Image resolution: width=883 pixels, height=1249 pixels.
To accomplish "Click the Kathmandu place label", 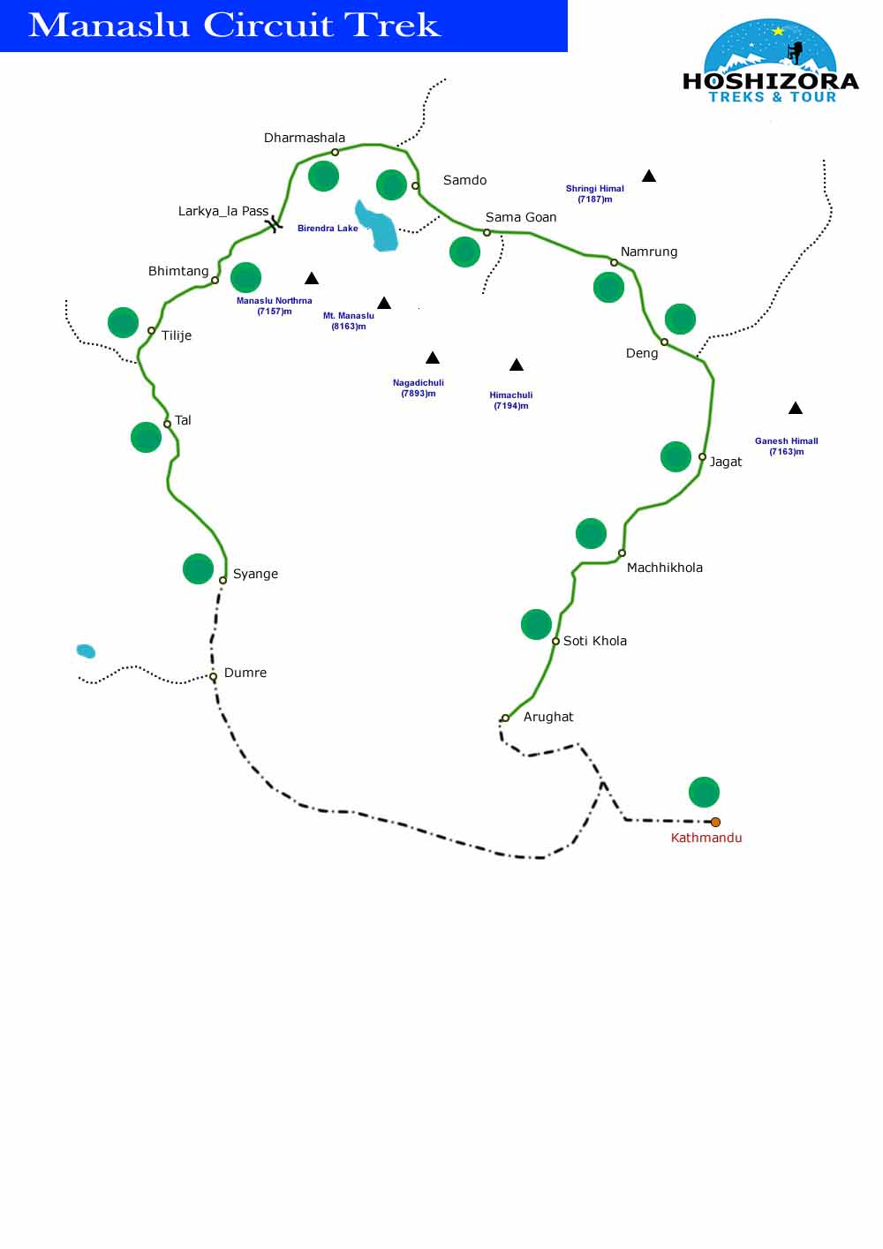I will coord(706,838).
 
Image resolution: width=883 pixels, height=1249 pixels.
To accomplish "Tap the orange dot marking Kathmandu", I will coord(715,822).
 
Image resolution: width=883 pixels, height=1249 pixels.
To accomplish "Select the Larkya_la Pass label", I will coord(223,211).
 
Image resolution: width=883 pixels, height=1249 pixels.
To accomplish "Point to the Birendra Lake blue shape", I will coord(378,227).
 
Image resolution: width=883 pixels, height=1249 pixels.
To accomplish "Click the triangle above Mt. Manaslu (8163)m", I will coord(384,303).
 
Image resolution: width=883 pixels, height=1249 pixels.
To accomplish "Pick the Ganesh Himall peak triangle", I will coord(795,408).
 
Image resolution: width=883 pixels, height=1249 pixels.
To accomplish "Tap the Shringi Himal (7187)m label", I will coord(594,193).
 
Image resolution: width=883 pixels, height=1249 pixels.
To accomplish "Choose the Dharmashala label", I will coord(304,138).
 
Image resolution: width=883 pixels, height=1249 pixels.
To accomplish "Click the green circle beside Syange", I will coord(198,568).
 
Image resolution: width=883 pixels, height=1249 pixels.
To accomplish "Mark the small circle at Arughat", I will coord(505,719).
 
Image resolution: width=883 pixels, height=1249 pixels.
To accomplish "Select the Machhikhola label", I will coord(664,568).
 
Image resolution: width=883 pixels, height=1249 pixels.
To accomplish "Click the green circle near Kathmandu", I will coord(704,792).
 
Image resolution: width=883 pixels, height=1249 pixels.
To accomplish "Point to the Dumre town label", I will coord(245,673).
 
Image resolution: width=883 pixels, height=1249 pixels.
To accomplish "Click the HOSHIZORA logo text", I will coord(770,81).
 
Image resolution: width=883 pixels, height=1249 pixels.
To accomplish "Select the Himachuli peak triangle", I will coord(517,365).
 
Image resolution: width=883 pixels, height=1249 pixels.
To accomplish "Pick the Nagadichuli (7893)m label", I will coord(418,387).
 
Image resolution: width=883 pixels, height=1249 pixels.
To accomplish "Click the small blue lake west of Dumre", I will coord(86,651).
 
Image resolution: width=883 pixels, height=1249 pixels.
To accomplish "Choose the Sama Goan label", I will coord(521,217).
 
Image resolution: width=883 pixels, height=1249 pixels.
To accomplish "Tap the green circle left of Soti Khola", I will coord(536,624).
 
